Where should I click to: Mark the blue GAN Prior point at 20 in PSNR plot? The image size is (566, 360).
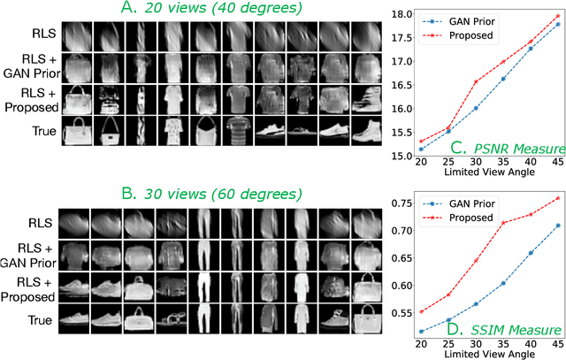445,149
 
